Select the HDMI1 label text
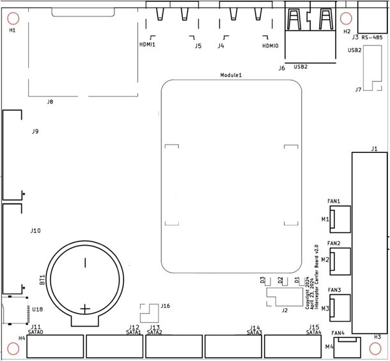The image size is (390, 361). click(148, 45)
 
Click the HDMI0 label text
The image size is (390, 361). click(270, 45)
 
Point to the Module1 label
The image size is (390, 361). click(231, 75)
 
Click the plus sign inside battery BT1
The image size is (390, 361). click(85, 309)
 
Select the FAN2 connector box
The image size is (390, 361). click(340, 260)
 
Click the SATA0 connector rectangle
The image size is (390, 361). click(56, 346)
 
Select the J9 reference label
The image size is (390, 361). click(36, 131)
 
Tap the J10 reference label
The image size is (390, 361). click(36, 230)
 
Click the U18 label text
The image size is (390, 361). click(37, 309)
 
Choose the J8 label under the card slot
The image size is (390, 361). click(50, 102)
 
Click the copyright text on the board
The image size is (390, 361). click(311, 277)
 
